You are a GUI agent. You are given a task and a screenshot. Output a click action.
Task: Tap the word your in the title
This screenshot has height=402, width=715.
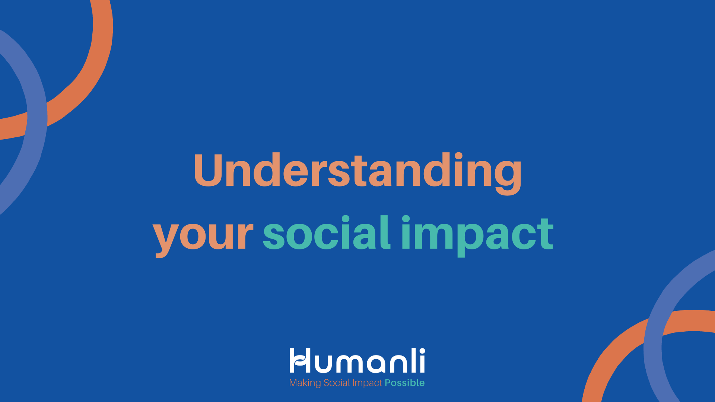(203, 236)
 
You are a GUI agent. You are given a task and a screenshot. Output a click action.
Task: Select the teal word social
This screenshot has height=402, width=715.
(327, 233)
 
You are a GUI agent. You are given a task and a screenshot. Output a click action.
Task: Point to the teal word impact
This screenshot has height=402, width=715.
(477, 235)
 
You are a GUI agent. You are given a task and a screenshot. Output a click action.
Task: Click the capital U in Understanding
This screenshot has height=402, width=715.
(209, 169)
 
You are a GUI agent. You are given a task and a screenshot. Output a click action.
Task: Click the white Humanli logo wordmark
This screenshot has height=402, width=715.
(357, 360)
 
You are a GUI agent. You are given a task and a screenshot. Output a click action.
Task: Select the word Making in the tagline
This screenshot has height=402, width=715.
(305, 383)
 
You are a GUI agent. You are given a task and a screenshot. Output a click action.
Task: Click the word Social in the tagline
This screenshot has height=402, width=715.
(337, 383)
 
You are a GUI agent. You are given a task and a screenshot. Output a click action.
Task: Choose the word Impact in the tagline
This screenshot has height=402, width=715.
(367, 383)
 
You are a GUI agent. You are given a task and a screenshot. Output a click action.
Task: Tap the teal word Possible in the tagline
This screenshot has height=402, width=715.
(404, 383)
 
